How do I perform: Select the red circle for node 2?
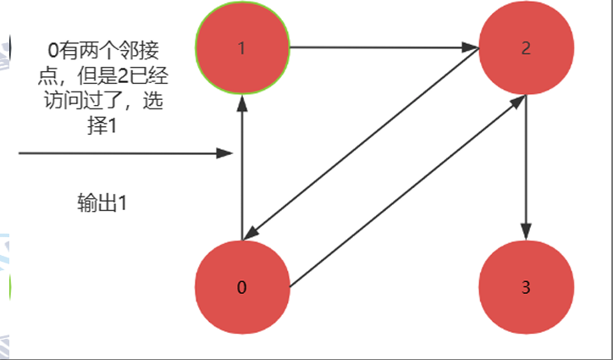pyautogui.click(x=526, y=48)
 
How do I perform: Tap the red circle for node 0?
pyautogui.click(x=241, y=287)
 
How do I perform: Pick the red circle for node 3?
pyautogui.click(x=526, y=287)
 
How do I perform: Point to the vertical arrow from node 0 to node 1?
pyautogui.click(x=242, y=169)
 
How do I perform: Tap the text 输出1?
pyautogui.click(x=102, y=203)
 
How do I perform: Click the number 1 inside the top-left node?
pyautogui.click(x=241, y=47)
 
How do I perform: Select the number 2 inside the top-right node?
pyautogui.click(x=526, y=47)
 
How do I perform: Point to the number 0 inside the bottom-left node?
pyautogui.click(x=241, y=287)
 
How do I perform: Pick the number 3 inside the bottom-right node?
pyautogui.click(x=526, y=287)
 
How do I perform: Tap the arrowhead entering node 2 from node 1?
pyautogui.click(x=472, y=47)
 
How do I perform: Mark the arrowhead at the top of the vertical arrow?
pyautogui.click(x=242, y=102)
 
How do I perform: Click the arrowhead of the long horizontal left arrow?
pyautogui.click(x=224, y=153)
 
